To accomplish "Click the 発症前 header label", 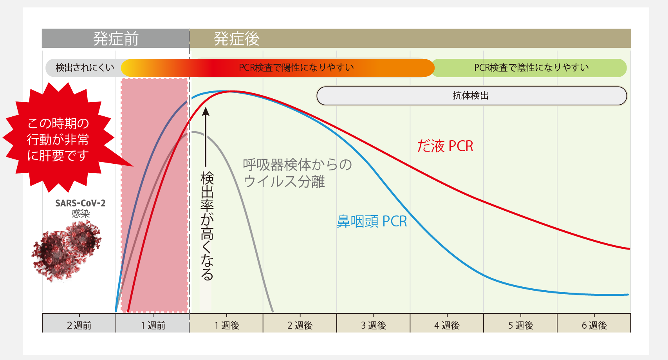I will pos(116,39).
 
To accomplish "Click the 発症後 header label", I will pos(237,39).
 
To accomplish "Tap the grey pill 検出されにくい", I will pos(85,68).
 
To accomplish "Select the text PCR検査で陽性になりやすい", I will pos(296,68).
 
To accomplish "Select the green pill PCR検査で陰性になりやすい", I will pos(531,68).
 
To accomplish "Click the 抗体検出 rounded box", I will pos(471,96).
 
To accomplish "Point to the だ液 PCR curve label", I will pos(445,146).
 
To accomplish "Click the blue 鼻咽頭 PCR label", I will pos(372,221).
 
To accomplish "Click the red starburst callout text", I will pos(58,139).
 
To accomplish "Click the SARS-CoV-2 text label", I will pos(80,203).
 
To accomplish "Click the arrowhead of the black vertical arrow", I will pos(206,112).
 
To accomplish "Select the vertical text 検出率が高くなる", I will pos(206,226).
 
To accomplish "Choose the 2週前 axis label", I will pos(79,325).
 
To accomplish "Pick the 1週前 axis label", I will pos(153,325).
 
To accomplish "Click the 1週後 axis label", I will pos(227,325).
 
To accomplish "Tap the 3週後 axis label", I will pos(374,325).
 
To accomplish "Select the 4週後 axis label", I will pos(447,325).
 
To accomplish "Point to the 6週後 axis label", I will pos(594,325).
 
